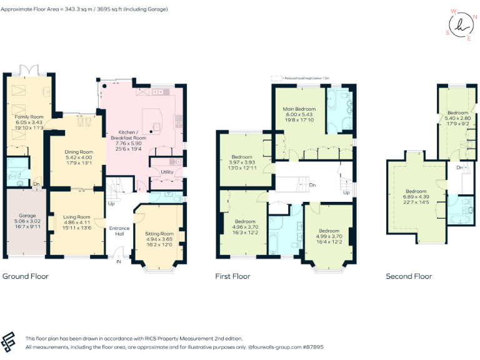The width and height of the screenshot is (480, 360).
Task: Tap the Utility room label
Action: click(x=167, y=171)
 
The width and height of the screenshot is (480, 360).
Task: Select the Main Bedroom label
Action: click(x=297, y=109)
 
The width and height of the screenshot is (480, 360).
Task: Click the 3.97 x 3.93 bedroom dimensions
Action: click(x=242, y=161)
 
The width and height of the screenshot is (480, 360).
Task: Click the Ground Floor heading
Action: click(x=26, y=276)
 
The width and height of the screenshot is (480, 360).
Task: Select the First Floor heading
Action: click(x=232, y=276)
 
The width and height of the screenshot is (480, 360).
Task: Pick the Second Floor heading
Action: click(x=409, y=276)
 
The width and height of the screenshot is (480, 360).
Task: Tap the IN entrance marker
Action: click(x=119, y=262)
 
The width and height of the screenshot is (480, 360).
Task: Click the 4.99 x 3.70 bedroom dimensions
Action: click(x=329, y=236)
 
